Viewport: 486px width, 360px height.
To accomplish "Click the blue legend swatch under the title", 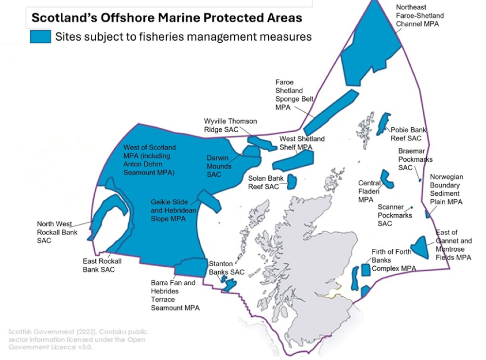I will pos(40,36).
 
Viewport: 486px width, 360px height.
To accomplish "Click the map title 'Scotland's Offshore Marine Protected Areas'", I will pos(167,18).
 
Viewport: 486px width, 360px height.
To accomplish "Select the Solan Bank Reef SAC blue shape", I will pos(292,181).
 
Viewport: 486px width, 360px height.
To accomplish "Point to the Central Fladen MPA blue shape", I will pos(387,179).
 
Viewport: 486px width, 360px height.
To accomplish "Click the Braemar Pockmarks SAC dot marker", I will pos(420,180).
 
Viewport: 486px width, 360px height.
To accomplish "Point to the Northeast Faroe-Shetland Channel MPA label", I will pos(419,16).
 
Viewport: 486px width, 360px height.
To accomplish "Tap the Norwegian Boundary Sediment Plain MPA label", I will pos(446,189).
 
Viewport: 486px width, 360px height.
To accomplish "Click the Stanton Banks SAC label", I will pos(226,268).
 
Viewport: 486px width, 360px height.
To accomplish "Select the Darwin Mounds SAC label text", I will pos(219,166).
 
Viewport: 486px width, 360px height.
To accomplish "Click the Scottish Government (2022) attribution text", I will pos(78,339).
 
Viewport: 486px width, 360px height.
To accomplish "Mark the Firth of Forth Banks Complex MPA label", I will pos(394,260).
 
